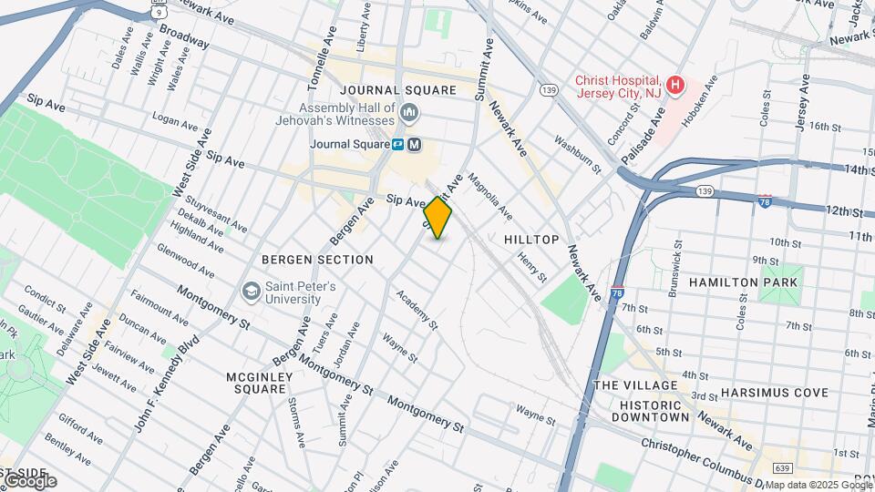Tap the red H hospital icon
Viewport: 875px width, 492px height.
click(x=674, y=86)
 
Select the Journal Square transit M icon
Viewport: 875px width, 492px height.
click(x=415, y=144)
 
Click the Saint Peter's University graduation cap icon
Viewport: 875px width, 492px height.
click(x=251, y=292)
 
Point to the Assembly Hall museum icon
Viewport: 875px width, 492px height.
click(x=409, y=113)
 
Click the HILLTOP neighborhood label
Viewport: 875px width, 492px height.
click(x=530, y=239)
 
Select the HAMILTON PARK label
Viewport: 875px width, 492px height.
click(x=743, y=282)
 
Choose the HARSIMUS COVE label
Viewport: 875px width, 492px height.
click(x=774, y=393)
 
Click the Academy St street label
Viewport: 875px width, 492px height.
click(x=417, y=313)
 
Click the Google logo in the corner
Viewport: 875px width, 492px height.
click(x=29, y=480)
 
